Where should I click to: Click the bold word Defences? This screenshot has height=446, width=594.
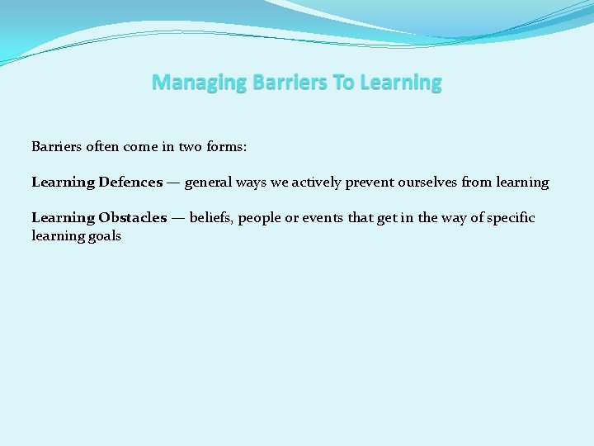click(x=130, y=182)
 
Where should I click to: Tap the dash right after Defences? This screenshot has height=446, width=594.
click(x=173, y=182)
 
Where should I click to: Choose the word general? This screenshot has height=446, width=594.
click(x=210, y=182)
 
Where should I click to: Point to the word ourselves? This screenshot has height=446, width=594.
click(x=428, y=182)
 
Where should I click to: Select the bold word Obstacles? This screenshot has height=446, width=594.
click(x=132, y=217)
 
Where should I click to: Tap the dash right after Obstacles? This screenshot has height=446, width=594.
click(x=177, y=217)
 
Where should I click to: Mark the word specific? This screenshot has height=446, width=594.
click(x=510, y=217)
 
